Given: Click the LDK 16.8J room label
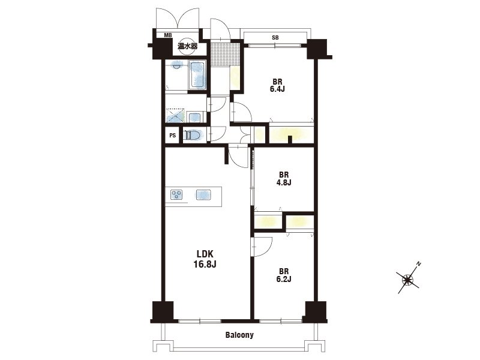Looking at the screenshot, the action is (x=205, y=259).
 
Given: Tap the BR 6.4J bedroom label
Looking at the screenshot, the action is (x=277, y=85).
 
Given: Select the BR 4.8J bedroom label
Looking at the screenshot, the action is (x=283, y=178).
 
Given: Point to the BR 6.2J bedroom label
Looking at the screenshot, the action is (x=283, y=275).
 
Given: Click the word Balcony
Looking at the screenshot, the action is (x=239, y=335).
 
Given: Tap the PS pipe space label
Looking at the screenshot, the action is (x=173, y=136).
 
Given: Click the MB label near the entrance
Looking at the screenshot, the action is (x=168, y=35).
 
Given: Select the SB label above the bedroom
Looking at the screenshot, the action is (x=275, y=38).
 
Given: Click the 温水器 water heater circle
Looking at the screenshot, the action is (x=187, y=47).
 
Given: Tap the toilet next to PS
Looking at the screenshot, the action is (x=193, y=135).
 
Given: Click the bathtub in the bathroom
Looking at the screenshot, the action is (x=198, y=75).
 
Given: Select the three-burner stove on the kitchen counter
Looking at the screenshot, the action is (x=176, y=194).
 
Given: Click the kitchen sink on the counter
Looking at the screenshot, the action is (x=203, y=195).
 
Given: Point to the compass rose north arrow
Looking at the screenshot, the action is (x=408, y=278).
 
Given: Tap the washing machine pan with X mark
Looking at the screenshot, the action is (x=175, y=116).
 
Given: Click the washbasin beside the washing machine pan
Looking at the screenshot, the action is (x=194, y=118).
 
